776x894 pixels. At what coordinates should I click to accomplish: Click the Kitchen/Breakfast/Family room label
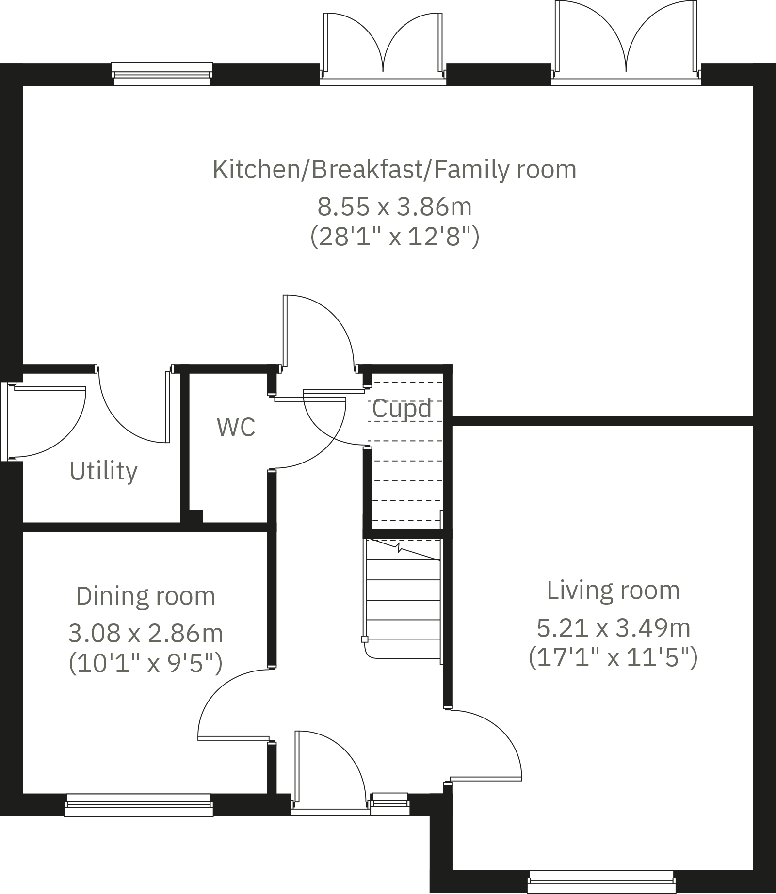click(394, 170)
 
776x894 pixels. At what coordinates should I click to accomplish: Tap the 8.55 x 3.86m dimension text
click(394, 207)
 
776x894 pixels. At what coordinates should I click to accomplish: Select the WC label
click(236, 427)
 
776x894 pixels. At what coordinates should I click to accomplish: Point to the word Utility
click(103, 471)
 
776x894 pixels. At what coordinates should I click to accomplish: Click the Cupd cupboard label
click(402, 408)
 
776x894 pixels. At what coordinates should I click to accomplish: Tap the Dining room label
click(145, 596)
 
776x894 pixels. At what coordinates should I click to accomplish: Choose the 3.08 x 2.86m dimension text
click(145, 633)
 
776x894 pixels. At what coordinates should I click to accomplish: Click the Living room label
click(613, 591)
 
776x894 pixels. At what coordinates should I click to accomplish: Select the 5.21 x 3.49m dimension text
click(613, 628)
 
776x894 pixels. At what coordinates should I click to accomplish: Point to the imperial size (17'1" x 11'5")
click(613, 658)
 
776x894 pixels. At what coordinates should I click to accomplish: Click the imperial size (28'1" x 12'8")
click(394, 237)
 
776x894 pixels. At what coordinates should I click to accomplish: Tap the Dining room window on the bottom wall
click(139, 805)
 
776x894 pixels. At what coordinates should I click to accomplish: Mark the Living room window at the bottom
click(601, 881)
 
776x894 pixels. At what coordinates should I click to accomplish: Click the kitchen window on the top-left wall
click(162, 73)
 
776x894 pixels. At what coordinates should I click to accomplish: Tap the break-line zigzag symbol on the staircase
click(399, 549)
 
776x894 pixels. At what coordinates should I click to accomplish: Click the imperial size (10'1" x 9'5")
click(145, 663)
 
